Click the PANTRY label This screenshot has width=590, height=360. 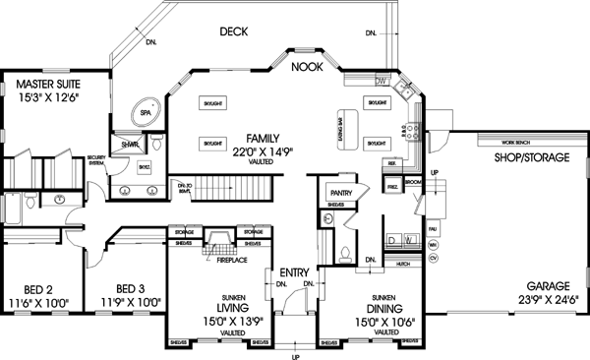tap(340, 193)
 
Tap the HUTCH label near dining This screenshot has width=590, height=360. tap(402, 264)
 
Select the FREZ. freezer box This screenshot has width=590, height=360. tap(392, 185)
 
